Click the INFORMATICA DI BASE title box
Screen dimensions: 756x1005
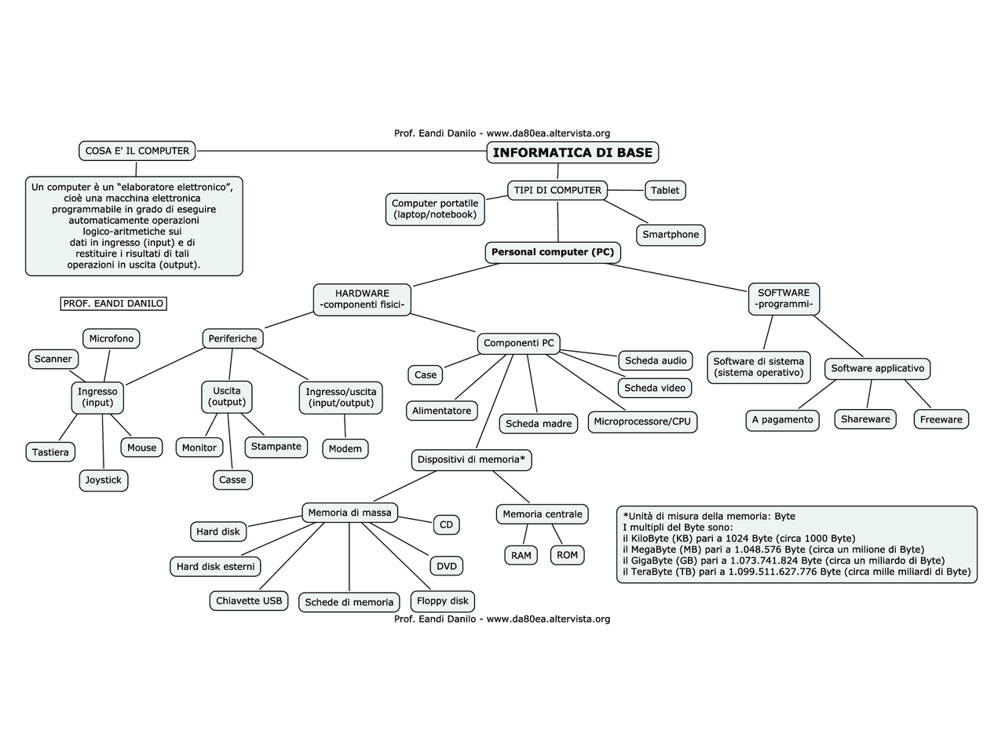click(x=572, y=152)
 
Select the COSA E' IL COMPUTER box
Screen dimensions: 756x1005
click(x=137, y=151)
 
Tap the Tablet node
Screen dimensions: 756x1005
click(x=665, y=190)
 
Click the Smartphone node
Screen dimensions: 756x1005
click(x=671, y=235)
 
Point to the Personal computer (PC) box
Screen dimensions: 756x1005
click(x=553, y=252)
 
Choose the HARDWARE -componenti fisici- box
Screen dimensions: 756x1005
click(x=362, y=299)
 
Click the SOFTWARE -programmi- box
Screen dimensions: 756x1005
click(x=784, y=298)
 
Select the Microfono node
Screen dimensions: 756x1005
click(x=111, y=338)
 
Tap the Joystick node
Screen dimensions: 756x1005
click(x=104, y=480)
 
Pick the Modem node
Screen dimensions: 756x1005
click(x=345, y=449)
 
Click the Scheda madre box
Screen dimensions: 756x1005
click(x=539, y=424)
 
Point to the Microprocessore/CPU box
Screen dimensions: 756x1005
click(x=642, y=422)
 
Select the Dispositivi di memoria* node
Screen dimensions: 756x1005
click(x=471, y=459)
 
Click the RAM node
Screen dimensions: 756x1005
click(x=521, y=555)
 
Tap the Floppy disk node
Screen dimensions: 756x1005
click(x=443, y=601)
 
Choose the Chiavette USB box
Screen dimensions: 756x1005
click(x=249, y=601)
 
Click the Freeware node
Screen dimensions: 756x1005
click(x=941, y=419)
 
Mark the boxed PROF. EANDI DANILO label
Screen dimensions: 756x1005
click(x=114, y=304)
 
